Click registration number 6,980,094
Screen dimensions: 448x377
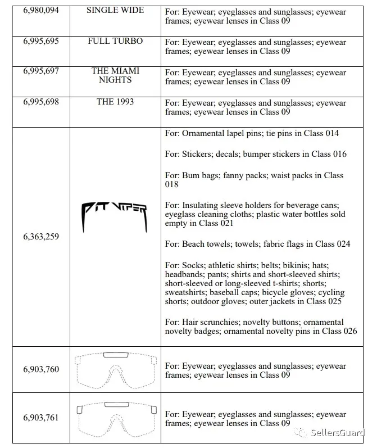click(41, 10)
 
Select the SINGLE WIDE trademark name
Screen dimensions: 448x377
click(115, 10)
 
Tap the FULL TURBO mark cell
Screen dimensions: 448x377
click(115, 41)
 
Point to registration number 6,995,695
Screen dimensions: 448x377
click(41, 41)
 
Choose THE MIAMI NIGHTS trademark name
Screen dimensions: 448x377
click(115, 75)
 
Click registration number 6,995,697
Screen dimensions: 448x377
click(41, 71)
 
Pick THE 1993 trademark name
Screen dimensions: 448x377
click(115, 102)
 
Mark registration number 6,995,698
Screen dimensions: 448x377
click(41, 102)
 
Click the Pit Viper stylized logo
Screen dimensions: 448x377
click(115, 214)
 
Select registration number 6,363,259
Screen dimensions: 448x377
click(41, 237)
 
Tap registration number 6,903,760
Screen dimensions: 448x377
click(41, 369)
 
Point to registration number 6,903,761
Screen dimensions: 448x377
click(41, 418)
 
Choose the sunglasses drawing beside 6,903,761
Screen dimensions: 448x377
click(115, 418)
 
